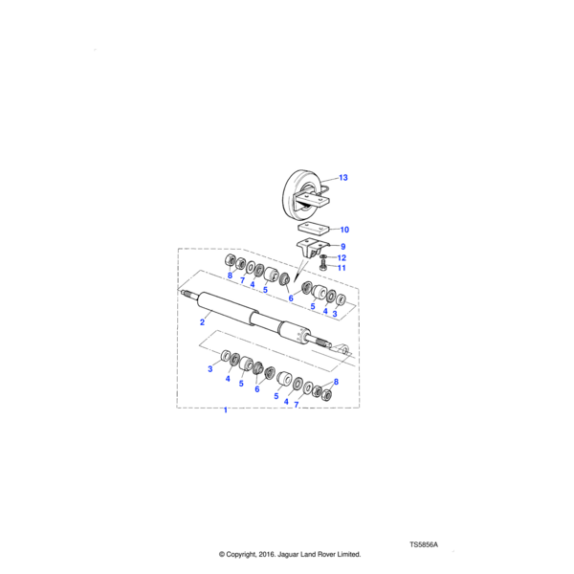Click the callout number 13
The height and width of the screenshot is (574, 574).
(343, 178)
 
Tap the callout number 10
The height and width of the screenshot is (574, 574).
(344, 230)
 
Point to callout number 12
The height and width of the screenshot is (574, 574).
(342, 257)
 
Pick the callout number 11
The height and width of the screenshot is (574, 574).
(342, 268)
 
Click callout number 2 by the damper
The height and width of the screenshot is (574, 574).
(202, 322)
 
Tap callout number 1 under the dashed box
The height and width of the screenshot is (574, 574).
(226, 410)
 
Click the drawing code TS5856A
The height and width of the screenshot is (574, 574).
(423, 543)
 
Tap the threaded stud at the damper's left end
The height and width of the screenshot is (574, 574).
(188, 295)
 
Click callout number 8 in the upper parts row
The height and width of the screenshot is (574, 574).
(230, 277)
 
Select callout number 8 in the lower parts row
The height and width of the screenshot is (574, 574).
(335, 382)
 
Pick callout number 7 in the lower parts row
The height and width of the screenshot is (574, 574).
(297, 405)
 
